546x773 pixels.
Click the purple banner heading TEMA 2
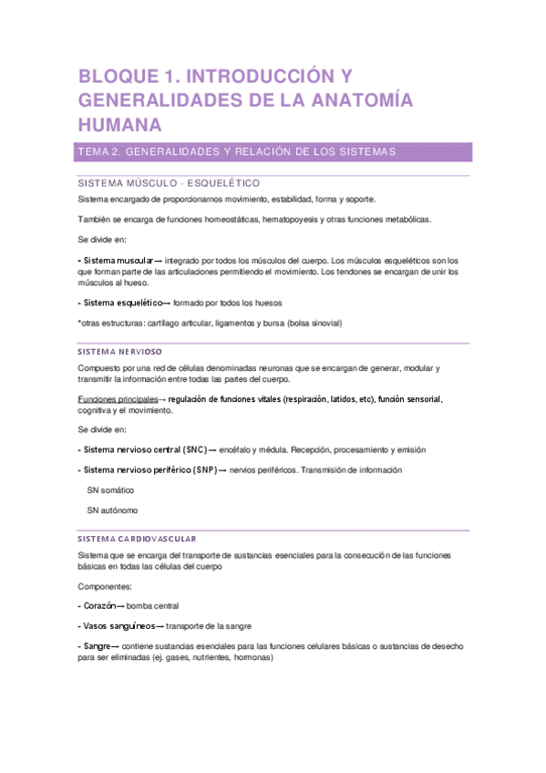[237, 151]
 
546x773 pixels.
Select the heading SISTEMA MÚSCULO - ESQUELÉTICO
[169, 183]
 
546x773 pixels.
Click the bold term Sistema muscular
[118, 260]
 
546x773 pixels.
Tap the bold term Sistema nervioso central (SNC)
[142, 449]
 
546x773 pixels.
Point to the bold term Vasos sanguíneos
[118, 625]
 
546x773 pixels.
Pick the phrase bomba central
[153, 605]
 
